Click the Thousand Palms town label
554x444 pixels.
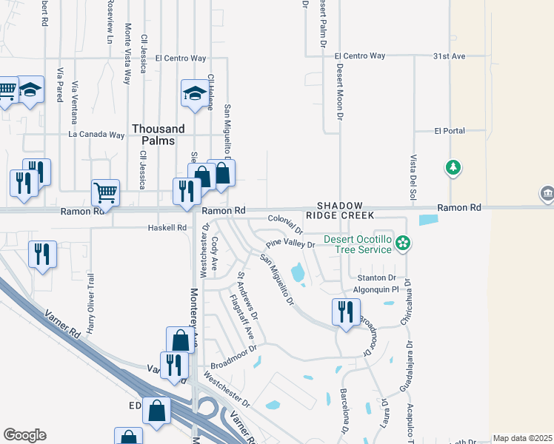[153, 135]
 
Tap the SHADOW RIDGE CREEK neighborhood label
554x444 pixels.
[340, 210]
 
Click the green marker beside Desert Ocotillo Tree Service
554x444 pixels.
[403, 243]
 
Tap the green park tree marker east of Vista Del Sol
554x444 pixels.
[453, 168]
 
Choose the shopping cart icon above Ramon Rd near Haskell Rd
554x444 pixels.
[105, 192]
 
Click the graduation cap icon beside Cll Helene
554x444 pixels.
[194, 93]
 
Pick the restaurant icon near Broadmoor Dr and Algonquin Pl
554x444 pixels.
[344, 311]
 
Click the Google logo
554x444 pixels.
[24, 435]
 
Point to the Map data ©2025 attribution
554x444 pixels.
[521, 438]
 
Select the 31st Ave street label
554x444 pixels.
[449, 56]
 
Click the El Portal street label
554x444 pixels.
[449, 131]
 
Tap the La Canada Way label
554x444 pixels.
[96, 135]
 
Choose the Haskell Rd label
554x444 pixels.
[167, 228]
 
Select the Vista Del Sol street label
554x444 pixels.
[410, 171]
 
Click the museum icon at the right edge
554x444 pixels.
[547, 194]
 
